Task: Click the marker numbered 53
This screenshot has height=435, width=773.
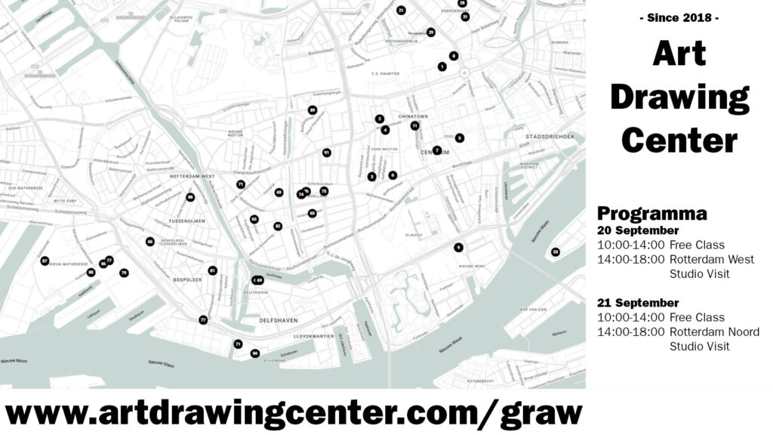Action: [x=556, y=251]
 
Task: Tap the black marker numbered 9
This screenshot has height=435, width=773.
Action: [x=458, y=248]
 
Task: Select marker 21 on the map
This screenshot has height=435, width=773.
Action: [x=401, y=10]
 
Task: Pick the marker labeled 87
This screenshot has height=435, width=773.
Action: [x=45, y=261]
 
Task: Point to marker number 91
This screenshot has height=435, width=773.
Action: [x=326, y=153]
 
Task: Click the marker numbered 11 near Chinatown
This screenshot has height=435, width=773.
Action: [x=414, y=125]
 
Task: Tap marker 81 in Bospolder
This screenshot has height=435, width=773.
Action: [x=212, y=270]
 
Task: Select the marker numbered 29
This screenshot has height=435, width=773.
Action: [x=430, y=32]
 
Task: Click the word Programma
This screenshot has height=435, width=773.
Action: [x=651, y=213]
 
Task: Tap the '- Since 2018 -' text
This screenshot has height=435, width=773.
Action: [x=679, y=17]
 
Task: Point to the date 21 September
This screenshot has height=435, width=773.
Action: [x=638, y=303]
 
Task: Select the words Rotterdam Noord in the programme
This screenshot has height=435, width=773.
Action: [x=714, y=332]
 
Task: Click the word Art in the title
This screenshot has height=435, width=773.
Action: [x=679, y=54]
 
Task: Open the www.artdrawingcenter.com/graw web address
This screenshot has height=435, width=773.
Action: [x=294, y=413]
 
